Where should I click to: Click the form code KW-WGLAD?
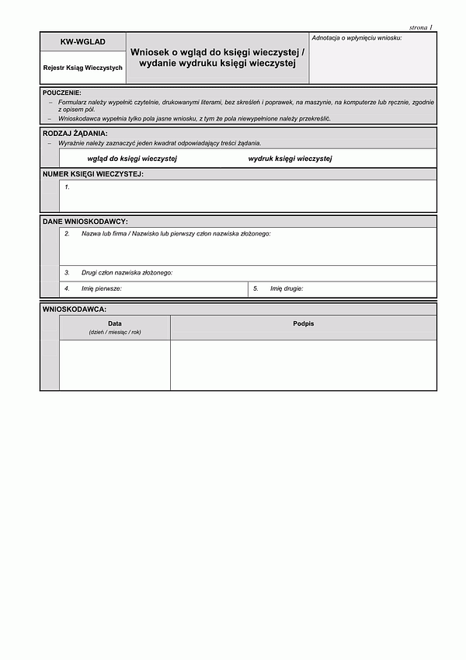click(x=82, y=41)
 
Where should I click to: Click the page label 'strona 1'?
click(x=420, y=27)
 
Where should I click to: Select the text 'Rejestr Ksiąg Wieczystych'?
click(x=82, y=68)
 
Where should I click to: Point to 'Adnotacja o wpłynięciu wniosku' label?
click(x=356, y=38)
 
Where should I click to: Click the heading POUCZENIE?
click(x=62, y=93)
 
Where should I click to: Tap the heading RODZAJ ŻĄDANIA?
click(x=75, y=133)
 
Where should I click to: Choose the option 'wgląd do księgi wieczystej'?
click(x=132, y=159)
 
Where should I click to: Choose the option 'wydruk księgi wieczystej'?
click(x=290, y=159)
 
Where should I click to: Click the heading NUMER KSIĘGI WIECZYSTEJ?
click(x=92, y=174)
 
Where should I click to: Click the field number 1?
click(x=68, y=187)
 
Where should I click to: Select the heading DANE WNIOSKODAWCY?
click(x=85, y=222)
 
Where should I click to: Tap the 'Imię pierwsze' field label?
click(x=102, y=288)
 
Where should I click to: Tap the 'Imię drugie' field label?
click(x=287, y=288)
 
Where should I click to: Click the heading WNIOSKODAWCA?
click(x=75, y=309)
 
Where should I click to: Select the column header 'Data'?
click(x=115, y=323)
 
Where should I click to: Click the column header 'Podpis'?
click(x=304, y=323)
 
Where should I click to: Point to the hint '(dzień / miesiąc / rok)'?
click(x=115, y=332)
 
